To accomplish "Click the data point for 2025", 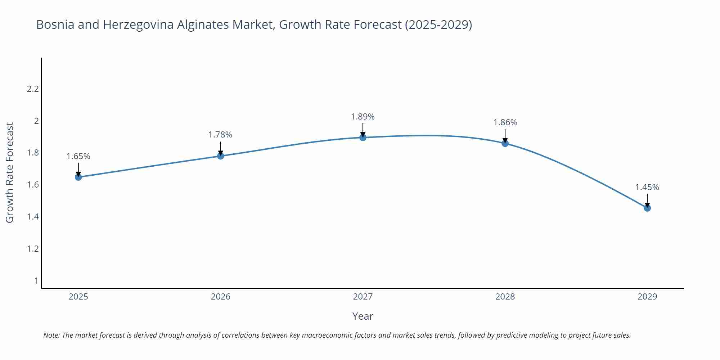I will tap(78, 177).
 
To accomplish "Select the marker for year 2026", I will tap(221, 156).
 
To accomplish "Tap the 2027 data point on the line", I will tap(363, 138).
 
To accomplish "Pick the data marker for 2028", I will tap(505, 143).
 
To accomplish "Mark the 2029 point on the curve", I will tap(647, 208).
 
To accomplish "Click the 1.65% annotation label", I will tap(78, 156).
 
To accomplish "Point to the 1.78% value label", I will tap(220, 135).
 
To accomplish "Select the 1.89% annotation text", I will tap(363, 117).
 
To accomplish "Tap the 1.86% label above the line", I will tap(505, 122).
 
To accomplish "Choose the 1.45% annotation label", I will tap(647, 187).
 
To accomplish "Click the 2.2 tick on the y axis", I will tap(33, 89).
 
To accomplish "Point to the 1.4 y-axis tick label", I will tap(33, 217).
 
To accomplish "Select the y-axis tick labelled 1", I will tap(36, 281).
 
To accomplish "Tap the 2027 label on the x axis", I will tap(363, 297).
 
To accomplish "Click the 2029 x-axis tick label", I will tap(647, 297).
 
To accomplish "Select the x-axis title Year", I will tap(363, 316).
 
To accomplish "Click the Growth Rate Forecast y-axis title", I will tap(10, 172).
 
